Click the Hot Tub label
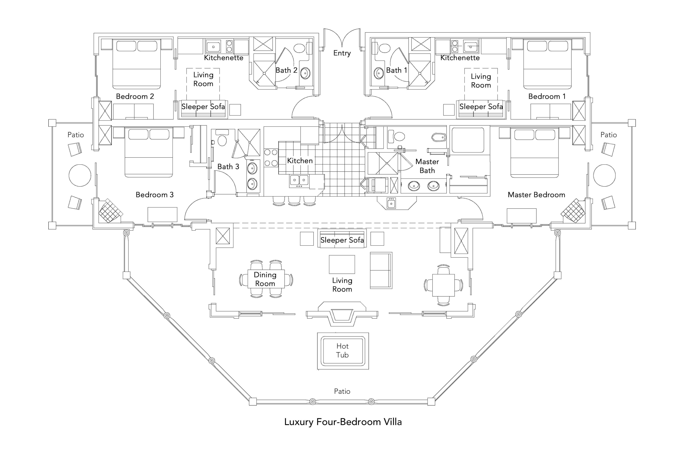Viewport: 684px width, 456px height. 342,351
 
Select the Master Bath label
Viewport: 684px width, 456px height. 427,166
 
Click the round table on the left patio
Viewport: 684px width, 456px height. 80,175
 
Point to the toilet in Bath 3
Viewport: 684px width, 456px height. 222,140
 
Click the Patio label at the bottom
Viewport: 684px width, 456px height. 342,391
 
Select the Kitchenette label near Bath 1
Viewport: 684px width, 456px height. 460,58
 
